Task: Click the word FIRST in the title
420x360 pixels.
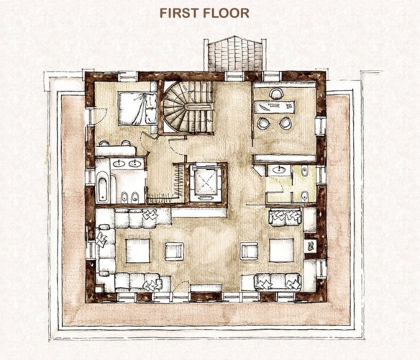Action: tap(179, 13)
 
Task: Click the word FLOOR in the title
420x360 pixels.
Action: tap(227, 13)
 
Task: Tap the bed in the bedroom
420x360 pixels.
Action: tap(137, 109)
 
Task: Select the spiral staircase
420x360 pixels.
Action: tap(188, 107)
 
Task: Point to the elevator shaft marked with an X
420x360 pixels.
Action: tap(206, 182)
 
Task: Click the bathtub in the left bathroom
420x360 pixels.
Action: tap(103, 187)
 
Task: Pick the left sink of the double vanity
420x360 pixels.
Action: tap(118, 163)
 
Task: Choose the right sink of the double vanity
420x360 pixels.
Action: tap(134, 163)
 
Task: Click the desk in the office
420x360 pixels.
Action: tap(274, 107)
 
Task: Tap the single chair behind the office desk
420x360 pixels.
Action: tap(276, 94)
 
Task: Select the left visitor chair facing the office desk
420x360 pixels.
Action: tap(263, 123)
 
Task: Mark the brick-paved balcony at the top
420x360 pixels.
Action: tap(235, 54)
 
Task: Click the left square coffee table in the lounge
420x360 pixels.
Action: tap(137, 251)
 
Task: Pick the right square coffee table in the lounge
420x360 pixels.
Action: tap(281, 250)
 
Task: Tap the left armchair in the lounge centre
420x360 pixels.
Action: tap(174, 251)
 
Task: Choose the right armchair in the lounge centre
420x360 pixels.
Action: tap(249, 251)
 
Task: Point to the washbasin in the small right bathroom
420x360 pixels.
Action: tap(279, 170)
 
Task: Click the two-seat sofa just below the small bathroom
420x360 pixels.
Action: tap(286, 217)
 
